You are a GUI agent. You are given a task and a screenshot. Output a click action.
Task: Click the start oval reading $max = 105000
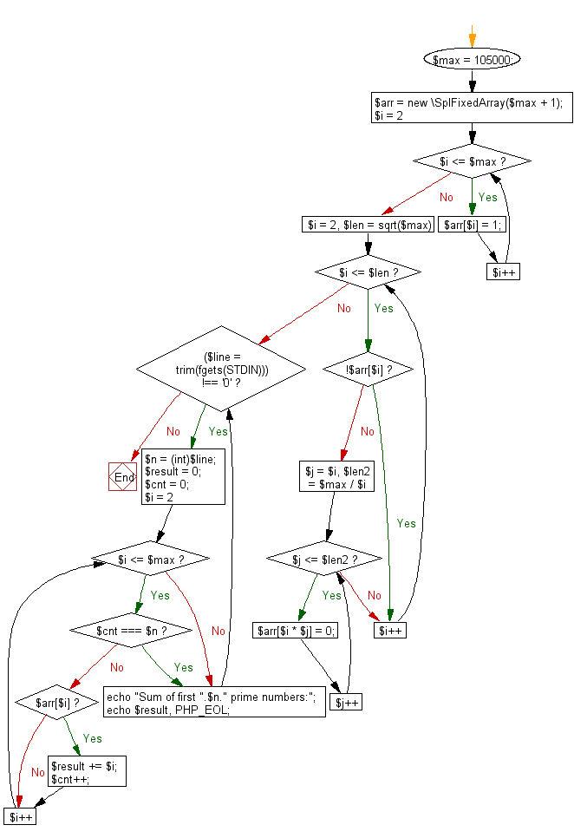click(x=472, y=59)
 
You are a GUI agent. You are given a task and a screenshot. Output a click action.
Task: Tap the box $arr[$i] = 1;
click(x=474, y=224)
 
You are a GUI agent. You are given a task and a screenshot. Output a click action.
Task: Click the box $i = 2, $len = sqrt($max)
click(x=368, y=225)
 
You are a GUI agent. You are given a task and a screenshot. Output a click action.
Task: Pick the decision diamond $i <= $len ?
click(x=368, y=273)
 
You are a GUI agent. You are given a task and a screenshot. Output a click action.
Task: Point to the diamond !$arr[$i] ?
click(x=368, y=369)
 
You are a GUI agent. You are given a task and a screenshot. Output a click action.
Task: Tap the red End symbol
click(x=124, y=477)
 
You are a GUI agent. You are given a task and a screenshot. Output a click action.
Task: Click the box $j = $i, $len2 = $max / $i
click(x=336, y=478)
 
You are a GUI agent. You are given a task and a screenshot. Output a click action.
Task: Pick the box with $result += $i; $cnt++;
click(x=88, y=772)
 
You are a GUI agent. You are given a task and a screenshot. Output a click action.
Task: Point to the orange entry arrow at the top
click(x=472, y=36)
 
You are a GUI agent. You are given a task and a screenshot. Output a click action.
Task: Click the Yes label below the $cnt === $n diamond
click(x=184, y=667)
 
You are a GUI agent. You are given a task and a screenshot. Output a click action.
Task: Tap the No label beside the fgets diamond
click(x=173, y=431)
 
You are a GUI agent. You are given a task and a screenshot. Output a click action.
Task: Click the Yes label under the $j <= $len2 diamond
click(x=331, y=595)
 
